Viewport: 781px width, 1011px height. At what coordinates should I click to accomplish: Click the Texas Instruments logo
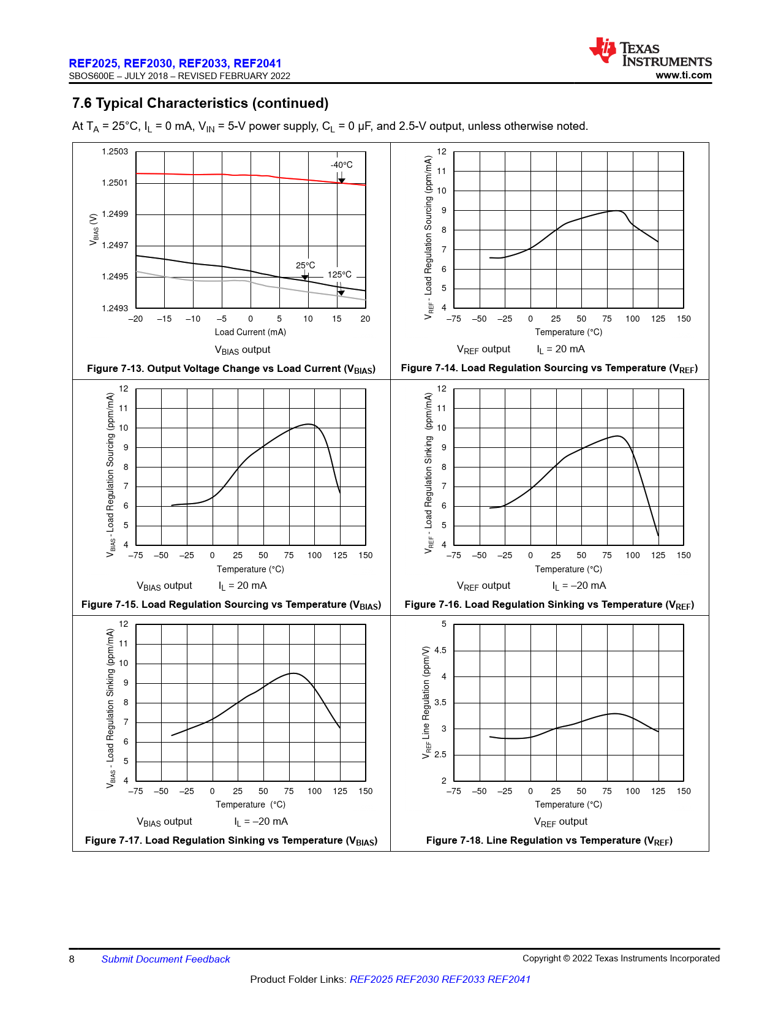click(650, 51)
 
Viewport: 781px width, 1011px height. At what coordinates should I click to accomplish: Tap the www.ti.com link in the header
click(683, 75)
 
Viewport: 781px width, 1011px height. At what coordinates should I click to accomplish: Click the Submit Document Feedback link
click(165, 959)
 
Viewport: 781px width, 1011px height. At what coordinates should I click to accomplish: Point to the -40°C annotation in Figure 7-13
click(341, 165)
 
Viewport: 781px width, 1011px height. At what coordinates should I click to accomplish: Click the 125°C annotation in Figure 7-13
click(339, 275)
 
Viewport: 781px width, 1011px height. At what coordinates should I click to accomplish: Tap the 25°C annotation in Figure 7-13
click(305, 265)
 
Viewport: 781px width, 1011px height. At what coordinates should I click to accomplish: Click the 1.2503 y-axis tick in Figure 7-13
click(115, 151)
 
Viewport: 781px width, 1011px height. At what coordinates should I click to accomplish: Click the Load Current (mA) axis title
click(250, 332)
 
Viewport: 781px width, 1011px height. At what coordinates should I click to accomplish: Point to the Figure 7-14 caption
click(549, 368)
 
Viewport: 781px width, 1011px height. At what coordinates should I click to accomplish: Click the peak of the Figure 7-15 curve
click(310, 424)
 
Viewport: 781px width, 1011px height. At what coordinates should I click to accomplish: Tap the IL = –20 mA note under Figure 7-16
click(579, 586)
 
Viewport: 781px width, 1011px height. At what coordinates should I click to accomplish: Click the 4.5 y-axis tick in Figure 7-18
click(440, 650)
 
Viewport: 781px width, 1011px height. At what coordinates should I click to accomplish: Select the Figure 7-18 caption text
click(549, 841)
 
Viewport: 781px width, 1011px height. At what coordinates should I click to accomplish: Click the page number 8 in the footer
click(72, 959)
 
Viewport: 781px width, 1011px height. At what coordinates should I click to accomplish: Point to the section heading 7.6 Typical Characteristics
click(200, 103)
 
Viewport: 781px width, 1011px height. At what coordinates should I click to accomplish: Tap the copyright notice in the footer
click(621, 958)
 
